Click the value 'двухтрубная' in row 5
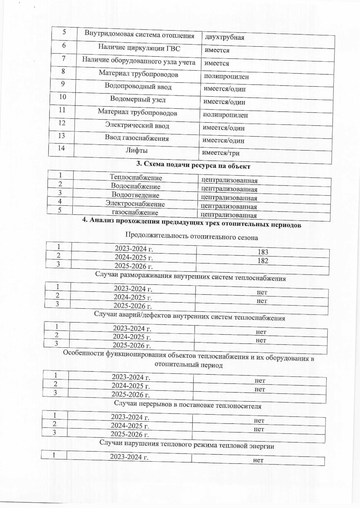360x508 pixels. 224,37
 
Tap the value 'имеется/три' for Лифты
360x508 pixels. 221,153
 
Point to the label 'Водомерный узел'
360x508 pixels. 138,100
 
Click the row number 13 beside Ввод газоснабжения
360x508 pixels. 61,136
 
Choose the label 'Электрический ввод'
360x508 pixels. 137,125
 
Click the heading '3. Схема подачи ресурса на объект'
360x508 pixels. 193,166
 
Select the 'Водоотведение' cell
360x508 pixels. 135,195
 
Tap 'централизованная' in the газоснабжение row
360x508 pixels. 229,215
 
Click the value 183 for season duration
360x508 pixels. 263,252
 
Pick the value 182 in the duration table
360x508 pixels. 263,261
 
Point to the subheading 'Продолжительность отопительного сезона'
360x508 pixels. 191,236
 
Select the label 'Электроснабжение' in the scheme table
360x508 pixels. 135,204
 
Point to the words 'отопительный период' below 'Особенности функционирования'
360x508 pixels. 188,365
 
